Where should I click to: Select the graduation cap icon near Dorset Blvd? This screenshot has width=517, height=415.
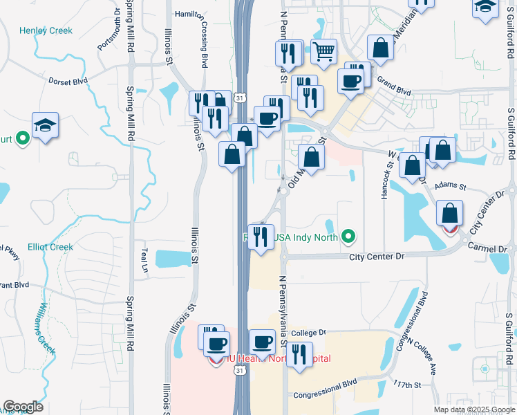point(45,125)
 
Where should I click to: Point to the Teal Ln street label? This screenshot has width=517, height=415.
point(145,259)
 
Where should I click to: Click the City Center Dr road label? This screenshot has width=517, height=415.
point(376,257)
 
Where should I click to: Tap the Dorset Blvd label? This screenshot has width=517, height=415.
point(68,81)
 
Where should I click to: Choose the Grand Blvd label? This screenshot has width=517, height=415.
point(394,91)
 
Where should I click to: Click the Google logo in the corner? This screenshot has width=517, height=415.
point(23,407)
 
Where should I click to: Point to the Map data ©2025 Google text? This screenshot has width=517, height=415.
point(473,409)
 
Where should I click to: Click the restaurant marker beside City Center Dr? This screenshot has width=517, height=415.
point(261,237)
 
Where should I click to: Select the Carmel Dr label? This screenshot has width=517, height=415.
point(488,246)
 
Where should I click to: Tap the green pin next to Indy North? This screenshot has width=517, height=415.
point(349,237)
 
